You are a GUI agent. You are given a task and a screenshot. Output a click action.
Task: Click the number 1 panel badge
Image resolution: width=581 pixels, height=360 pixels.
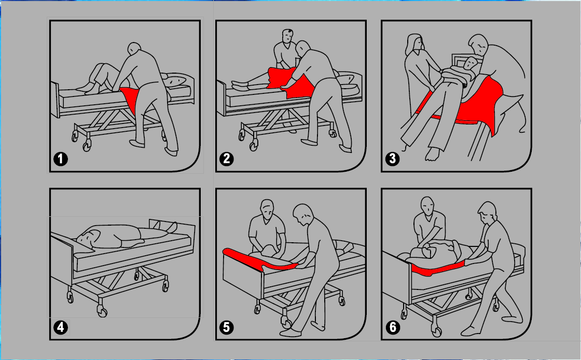(61, 159)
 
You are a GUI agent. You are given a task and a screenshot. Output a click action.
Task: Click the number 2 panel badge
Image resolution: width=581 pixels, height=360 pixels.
(226, 159)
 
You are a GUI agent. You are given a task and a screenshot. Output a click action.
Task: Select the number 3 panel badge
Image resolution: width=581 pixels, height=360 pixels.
(392, 159)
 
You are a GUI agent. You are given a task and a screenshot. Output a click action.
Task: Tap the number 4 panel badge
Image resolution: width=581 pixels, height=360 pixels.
(61, 327)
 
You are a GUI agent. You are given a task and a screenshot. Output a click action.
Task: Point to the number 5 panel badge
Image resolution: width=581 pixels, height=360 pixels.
(226, 327)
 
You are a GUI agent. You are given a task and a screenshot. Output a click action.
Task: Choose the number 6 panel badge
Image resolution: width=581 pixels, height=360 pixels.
(392, 327)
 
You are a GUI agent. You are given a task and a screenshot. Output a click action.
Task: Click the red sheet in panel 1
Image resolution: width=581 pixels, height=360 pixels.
(130, 97)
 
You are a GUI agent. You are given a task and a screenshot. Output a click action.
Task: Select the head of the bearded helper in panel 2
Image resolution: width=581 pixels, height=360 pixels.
(287, 36)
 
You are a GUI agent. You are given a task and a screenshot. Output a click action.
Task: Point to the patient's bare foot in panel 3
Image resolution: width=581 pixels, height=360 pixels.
(432, 154)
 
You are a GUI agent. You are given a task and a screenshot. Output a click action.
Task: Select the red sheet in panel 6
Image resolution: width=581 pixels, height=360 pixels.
(437, 269)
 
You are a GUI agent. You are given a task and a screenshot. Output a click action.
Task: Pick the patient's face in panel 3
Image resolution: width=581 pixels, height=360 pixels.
(471, 64)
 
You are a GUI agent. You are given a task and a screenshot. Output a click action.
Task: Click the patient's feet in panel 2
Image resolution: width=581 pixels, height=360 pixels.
(240, 86)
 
